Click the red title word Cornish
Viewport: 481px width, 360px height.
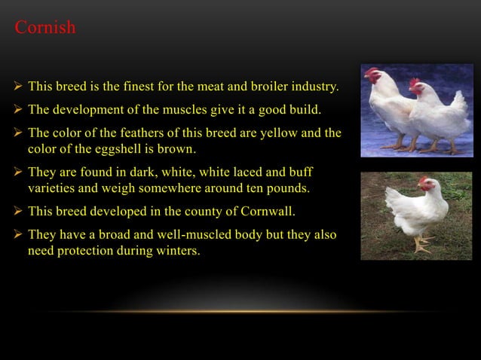pos(45,29)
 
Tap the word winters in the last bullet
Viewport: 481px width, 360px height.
pos(179,250)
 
